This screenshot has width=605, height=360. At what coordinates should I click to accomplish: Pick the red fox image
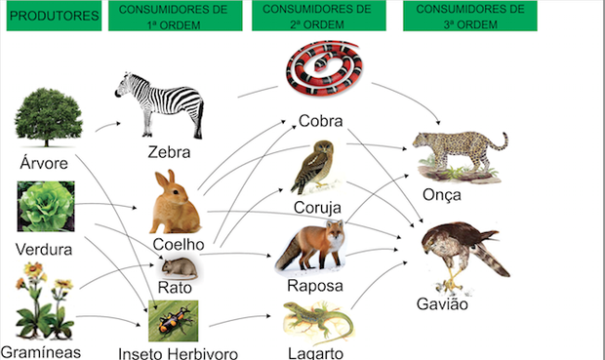point(311,245)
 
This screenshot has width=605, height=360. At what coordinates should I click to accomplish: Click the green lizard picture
point(315,320)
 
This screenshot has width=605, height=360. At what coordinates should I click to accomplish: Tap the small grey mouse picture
point(179,266)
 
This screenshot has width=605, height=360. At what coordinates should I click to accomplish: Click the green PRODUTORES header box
point(54,17)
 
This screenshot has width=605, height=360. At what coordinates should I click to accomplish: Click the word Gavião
point(444,304)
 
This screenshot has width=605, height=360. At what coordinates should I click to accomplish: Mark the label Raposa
point(314,286)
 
